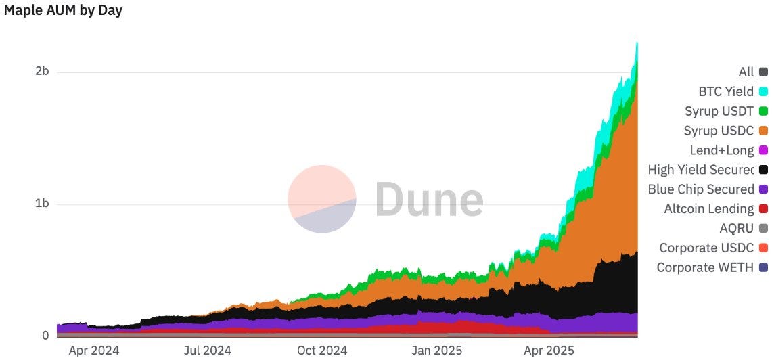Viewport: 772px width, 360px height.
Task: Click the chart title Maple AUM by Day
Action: coord(63,11)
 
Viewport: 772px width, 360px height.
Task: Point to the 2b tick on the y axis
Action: coord(42,72)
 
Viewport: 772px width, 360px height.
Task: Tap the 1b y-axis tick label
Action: coord(42,204)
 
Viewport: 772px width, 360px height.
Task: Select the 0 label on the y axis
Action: coord(45,336)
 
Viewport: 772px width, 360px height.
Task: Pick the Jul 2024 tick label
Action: coord(206,350)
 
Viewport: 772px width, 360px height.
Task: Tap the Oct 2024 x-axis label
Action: coord(322,350)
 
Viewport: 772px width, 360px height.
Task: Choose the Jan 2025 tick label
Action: coord(436,350)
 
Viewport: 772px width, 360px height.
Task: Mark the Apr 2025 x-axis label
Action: coord(549,350)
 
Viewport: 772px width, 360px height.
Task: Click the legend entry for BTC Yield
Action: coord(725,91)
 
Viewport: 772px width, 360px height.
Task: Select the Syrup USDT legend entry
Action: coord(719,111)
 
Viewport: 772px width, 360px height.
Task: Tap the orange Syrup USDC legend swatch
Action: coord(763,131)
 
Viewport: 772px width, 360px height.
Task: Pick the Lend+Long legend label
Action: coord(721,150)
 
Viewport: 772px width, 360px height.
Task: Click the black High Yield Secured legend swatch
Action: coord(763,170)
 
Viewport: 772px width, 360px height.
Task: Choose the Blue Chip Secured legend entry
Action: coord(701,189)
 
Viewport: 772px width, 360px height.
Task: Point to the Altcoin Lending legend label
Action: coord(708,209)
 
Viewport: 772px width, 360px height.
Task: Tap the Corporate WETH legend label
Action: coord(704,267)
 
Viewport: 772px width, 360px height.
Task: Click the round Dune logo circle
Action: coord(322,199)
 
